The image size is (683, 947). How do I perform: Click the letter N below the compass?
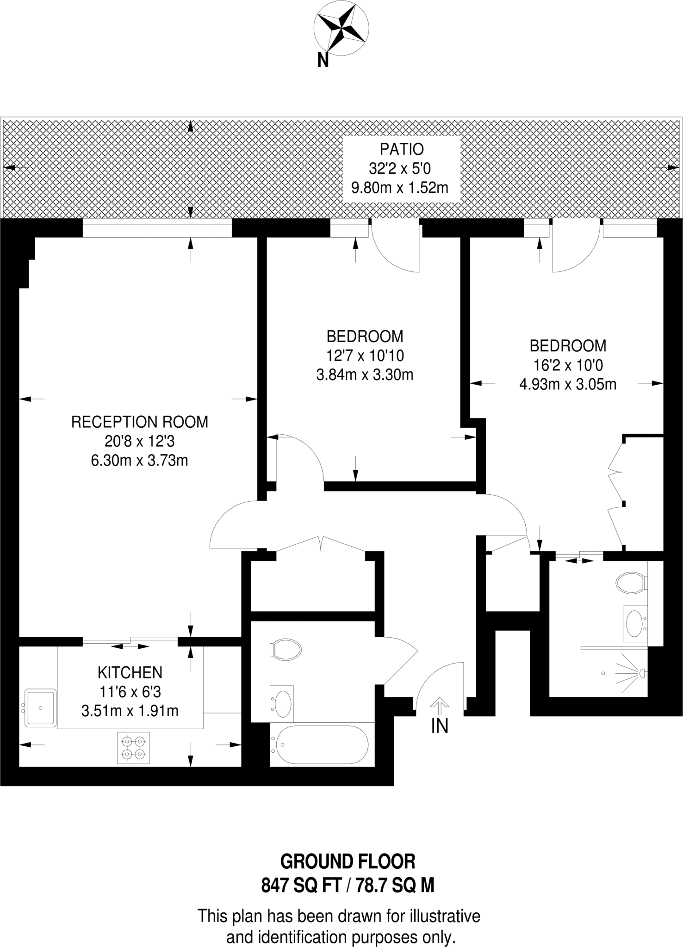point(323,61)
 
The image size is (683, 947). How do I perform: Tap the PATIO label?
point(402,149)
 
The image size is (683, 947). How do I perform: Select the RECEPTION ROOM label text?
point(139,422)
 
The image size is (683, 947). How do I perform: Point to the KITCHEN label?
point(130,672)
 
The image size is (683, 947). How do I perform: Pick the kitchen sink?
point(41,707)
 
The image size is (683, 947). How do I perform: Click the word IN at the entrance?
point(440,726)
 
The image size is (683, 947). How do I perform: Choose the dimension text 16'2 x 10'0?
point(568,365)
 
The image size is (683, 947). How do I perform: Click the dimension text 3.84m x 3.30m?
point(365,375)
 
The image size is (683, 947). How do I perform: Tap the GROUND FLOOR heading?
point(348,861)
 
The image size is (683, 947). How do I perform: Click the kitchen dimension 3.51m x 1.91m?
point(130,711)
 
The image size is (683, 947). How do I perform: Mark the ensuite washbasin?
point(634,623)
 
